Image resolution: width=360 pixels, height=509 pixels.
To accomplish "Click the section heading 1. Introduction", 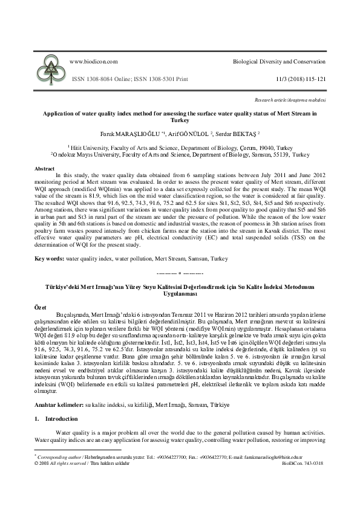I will [56, 418].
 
